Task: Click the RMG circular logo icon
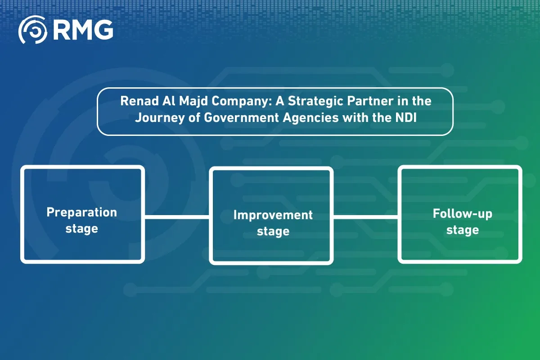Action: click(33, 30)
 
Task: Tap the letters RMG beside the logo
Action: click(83, 30)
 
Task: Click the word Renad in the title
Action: click(139, 101)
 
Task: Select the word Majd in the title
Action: click(193, 101)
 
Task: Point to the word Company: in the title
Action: click(242, 102)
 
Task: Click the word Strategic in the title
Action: click(315, 102)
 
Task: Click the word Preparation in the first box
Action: click(82, 213)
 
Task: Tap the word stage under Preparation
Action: click(82, 229)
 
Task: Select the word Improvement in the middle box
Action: click(273, 215)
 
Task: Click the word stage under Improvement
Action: click(273, 231)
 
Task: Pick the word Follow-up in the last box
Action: click(463, 214)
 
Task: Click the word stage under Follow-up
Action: click(463, 230)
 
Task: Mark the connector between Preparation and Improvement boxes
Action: click(177, 217)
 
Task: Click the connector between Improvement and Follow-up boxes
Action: click(366, 217)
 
